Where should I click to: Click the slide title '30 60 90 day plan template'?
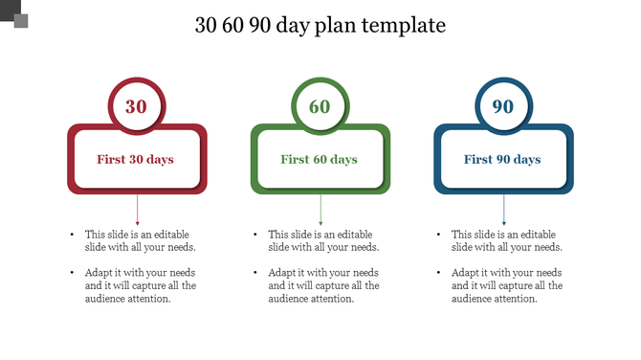pos(320,25)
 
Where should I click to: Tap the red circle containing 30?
pos(137,105)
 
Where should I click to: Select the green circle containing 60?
pos(320,105)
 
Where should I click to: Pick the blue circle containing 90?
pos(503,105)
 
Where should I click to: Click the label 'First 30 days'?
pos(136,159)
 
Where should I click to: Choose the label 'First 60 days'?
pos(320,159)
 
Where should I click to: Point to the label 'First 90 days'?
pos(503,159)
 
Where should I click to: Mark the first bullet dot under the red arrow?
pos(72,235)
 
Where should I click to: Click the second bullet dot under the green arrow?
pos(255,273)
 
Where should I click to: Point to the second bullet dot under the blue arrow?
pos(439,273)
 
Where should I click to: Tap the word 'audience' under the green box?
pos(290,299)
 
